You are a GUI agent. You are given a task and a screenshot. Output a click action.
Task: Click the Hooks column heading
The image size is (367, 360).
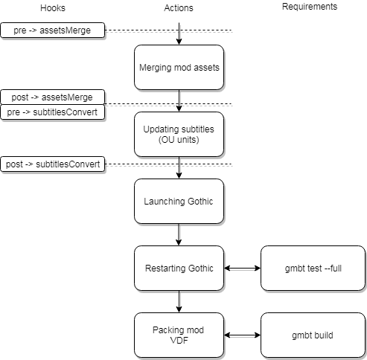point(53,8)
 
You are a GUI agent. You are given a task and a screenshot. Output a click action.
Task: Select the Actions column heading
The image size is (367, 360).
point(179,8)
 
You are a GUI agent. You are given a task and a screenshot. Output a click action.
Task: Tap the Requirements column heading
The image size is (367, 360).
point(310,7)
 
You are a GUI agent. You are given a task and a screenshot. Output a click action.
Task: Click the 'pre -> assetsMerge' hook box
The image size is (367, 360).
point(53,30)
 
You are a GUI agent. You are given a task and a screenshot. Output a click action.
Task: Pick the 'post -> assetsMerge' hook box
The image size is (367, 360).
point(53,97)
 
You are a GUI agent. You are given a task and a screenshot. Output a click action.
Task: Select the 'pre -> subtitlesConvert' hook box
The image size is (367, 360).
point(53,112)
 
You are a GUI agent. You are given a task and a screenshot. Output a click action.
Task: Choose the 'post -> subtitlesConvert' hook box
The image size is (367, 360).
point(53,164)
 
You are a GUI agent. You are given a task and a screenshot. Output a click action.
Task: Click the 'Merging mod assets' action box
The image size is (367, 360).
point(179,68)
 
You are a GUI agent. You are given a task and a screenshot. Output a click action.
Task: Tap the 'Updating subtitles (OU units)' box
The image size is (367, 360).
point(179,135)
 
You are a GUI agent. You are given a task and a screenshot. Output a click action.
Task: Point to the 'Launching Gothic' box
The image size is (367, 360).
point(179,202)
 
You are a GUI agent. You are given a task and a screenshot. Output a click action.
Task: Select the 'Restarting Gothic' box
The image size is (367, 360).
point(179,269)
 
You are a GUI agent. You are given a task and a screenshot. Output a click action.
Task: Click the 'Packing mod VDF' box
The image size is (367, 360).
point(179,335)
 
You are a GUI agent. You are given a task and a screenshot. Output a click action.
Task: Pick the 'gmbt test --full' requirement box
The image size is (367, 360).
point(313,269)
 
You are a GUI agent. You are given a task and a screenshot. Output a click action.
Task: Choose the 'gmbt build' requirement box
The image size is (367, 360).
point(313,335)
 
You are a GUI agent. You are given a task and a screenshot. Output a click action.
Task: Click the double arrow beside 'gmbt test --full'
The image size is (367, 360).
point(243,268)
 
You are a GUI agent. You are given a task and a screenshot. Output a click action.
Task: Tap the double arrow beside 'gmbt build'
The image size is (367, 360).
point(243,335)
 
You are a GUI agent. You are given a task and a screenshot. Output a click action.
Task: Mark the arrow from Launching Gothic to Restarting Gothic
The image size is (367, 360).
point(179,234)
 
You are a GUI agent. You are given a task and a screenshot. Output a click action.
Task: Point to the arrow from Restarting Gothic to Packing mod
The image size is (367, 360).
point(179,301)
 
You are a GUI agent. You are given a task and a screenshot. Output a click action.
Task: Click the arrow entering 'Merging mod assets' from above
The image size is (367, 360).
point(179,33)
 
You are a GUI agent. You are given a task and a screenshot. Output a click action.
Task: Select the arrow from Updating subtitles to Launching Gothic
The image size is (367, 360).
point(179,167)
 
